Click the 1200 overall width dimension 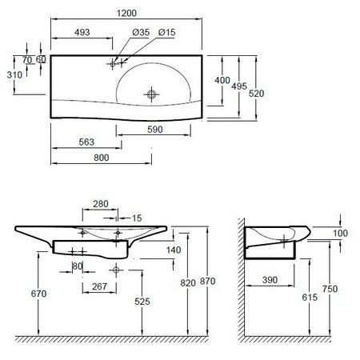click(126, 13)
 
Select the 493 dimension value click(82, 32)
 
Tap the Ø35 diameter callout click(141, 32)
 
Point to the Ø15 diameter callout click(166, 32)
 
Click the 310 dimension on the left click(14, 75)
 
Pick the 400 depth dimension click(222, 80)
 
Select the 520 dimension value click(256, 94)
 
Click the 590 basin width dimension click(155, 130)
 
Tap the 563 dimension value click(86, 142)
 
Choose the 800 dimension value click(102, 158)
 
